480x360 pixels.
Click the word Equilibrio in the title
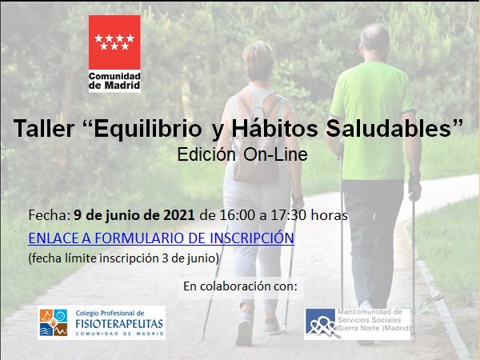[148, 129]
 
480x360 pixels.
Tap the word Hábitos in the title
[274, 128]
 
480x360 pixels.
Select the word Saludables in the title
[389, 128]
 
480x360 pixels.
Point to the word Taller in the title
[44, 128]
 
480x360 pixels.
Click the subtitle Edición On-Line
[242, 154]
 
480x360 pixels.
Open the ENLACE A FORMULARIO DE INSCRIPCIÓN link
[162, 238]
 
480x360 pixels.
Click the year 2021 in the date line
[179, 215]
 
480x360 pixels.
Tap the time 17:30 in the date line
[288, 215]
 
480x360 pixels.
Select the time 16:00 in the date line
[237, 215]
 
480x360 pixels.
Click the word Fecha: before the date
[50, 215]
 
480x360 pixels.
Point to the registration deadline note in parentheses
[124, 258]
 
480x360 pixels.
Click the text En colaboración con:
[240, 286]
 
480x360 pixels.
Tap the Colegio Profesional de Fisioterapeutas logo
[102, 322]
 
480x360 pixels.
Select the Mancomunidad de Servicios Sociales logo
[358, 324]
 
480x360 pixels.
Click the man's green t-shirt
[373, 120]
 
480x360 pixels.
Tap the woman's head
[258, 62]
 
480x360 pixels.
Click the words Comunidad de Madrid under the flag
[114, 81]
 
